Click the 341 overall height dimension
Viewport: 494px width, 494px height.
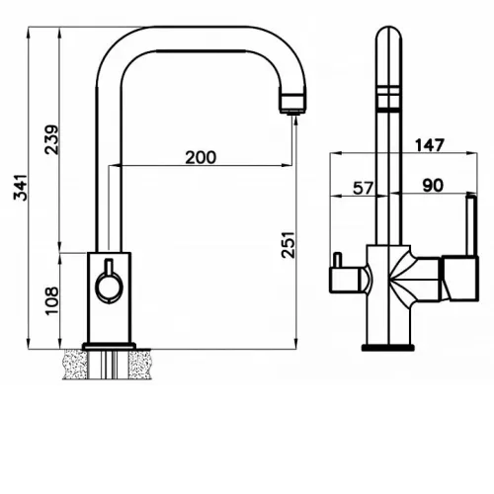[x=21, y=188]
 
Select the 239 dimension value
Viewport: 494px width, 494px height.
[x=52, y=139]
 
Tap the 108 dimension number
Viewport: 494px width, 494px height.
[x=52, y=301]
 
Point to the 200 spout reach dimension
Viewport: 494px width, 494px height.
[x=201, y=157]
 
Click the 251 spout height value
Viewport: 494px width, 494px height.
[x=288, y=245]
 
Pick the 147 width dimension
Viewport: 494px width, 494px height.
[x=430, y=145]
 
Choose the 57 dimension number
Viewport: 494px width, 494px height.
[x=364, y=188]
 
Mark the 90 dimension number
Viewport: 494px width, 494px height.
[x=433, y=186]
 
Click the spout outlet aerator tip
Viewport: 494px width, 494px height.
[x=292, y=113]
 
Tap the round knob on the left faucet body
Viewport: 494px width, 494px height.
[x=109, y=288]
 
